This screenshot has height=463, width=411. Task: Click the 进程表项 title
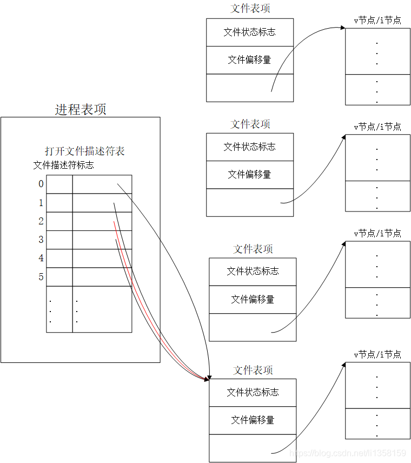(81, 109)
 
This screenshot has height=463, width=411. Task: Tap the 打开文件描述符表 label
(85, 151)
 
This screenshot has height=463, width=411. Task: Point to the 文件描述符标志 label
(63, 165)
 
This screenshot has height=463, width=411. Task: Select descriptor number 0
(41, 184)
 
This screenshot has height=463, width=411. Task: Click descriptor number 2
(41, 221)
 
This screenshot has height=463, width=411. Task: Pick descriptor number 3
(41, 240)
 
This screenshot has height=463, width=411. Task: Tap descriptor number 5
(41, 277)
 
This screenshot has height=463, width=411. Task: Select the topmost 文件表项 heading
(250, 9)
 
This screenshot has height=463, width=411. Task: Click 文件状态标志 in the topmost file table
(249, 32)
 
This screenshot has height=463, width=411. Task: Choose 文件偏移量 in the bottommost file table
(253, 420)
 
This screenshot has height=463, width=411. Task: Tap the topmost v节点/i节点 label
(377, 21)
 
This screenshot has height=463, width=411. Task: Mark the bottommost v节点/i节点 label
(377, 355)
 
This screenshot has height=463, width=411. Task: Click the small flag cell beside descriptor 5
(59, 277)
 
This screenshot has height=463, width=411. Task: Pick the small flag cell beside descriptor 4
(59, 258)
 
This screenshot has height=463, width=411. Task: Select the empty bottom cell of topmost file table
(249, 88)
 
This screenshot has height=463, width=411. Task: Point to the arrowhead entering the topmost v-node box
(343, 28)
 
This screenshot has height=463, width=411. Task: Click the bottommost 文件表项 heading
(253, 371)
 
